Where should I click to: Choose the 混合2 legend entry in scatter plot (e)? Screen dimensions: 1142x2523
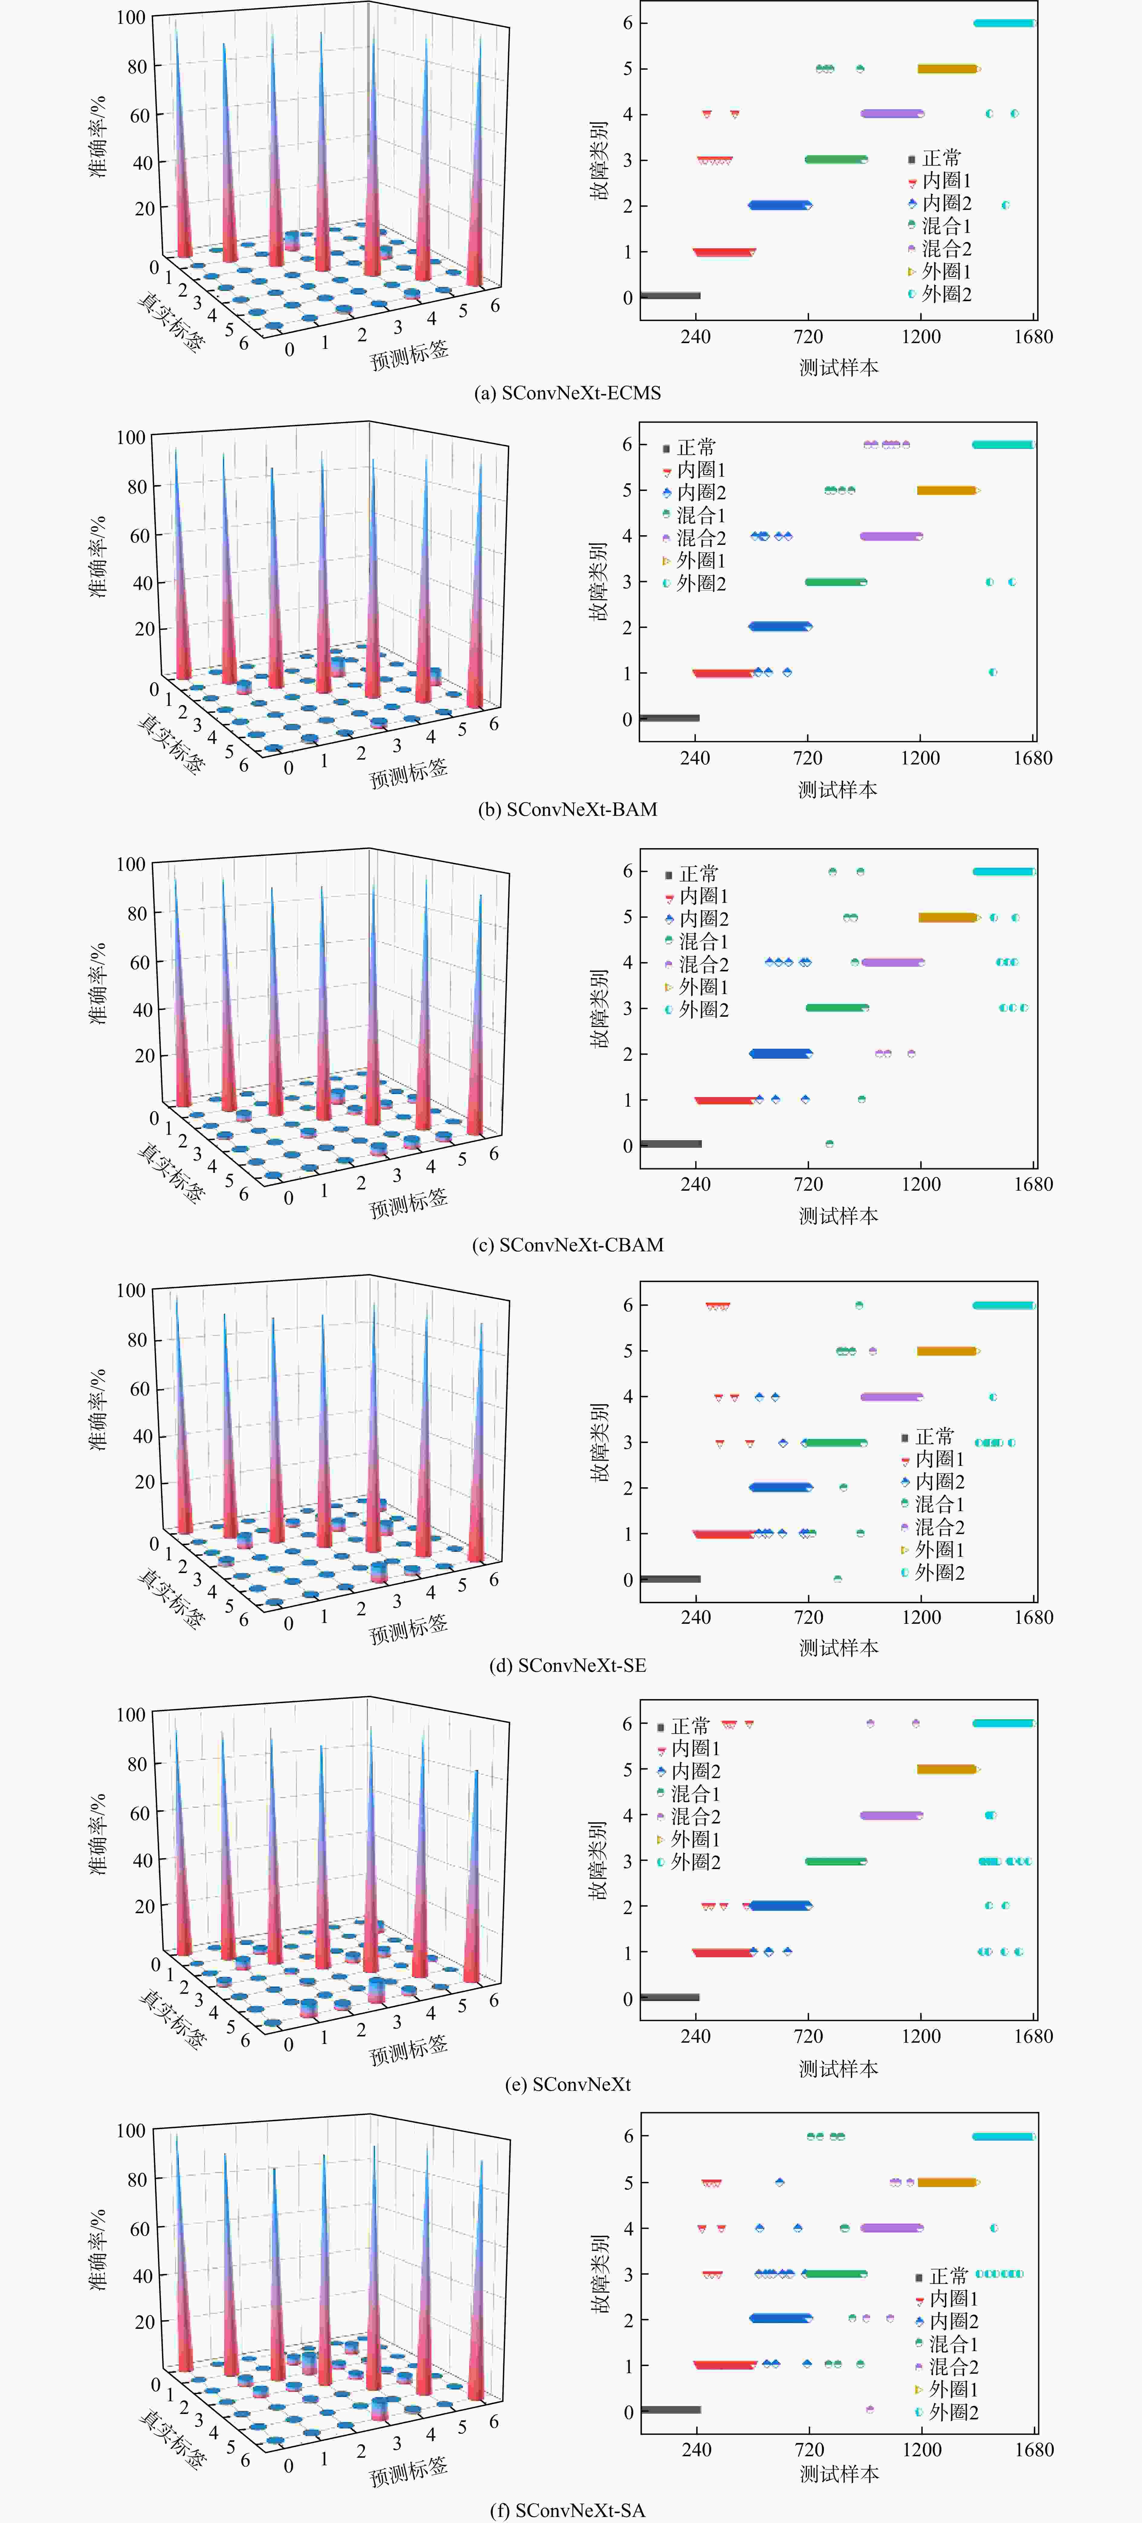pos(689,1817)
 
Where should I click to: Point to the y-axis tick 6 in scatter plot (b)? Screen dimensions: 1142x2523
pos(628,445)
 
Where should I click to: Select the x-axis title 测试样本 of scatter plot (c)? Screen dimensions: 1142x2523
pos(838,1215)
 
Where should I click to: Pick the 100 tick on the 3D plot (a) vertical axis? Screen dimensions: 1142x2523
pos(130,18)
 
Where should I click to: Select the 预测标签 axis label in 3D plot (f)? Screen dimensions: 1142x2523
pos(408,2469)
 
